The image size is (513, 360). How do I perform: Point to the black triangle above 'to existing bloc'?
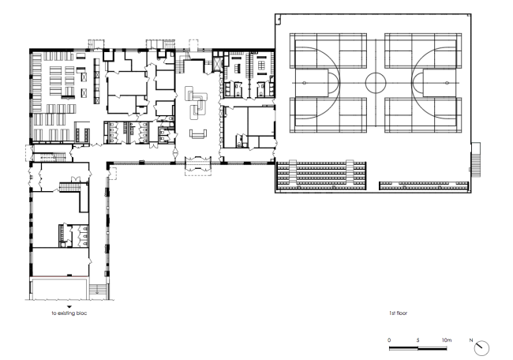point(69,306)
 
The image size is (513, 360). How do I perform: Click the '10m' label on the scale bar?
point(446,339)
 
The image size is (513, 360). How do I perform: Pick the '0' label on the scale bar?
point(390,339)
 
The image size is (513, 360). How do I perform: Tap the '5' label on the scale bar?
point(418,339)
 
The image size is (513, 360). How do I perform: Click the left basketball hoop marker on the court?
point(301,81)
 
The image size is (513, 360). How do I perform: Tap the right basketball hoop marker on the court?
point(451,81)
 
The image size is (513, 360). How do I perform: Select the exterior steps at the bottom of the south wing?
point(98,290)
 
